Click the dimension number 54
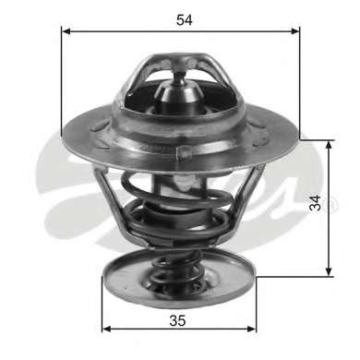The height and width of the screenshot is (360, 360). (x=185, y=20)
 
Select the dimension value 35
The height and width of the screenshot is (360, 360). (x=177, y=320)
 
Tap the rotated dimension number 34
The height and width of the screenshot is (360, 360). (x=315, y=203)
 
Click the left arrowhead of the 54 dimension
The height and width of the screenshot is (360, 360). (x=66, y=31)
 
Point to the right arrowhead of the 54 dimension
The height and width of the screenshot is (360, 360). (x=294, y=31)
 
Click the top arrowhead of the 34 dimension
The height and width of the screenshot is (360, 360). (x=330, y=146)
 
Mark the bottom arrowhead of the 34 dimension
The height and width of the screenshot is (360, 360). (x=330, y=270)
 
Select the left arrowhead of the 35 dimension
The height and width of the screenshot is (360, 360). (x=106, y=329)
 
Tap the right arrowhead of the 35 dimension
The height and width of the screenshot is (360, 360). (x=251, y=329)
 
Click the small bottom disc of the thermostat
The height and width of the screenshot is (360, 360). (x=179, y=278)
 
